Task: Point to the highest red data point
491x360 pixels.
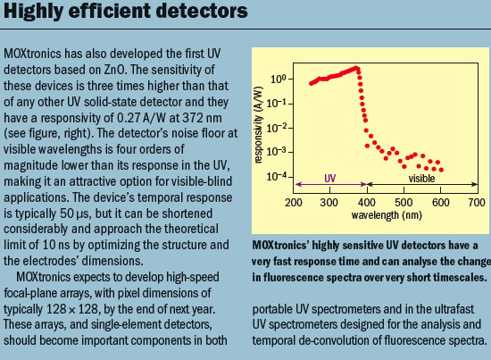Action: tap(357, 68)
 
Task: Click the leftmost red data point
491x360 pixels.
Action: tap(310, 84)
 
